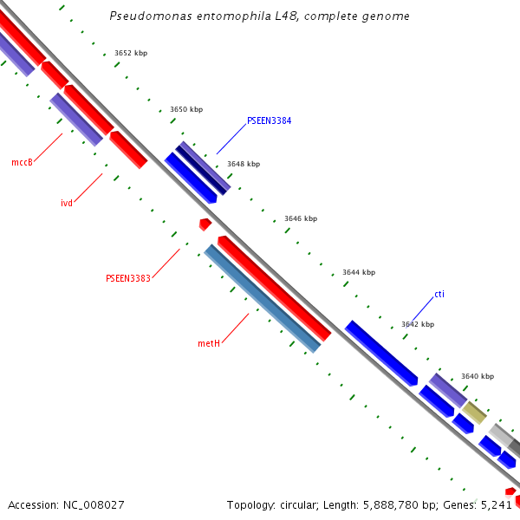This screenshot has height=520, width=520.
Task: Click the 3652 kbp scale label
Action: pos(131,53)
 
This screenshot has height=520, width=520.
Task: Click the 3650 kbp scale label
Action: pos(186,109)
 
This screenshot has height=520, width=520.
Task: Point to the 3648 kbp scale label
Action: pos(244,164)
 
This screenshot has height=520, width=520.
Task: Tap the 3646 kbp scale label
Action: pos(301,218)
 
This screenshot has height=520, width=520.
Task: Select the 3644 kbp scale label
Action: pos(359,272)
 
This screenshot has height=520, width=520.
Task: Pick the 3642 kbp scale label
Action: pos(418,324)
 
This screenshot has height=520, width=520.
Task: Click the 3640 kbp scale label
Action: pos(478,376)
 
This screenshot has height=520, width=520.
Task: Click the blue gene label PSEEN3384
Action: pos(269,120)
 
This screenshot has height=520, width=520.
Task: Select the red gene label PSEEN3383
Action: pos(128,278)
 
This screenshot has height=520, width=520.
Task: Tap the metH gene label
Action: pos(209,343)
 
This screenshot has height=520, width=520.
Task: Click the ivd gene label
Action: pos(67,203)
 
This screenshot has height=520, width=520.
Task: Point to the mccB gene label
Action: pos(22,162)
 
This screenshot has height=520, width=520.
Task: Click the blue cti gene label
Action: pos(439,294)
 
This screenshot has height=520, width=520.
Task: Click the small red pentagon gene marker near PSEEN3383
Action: pos(205,224)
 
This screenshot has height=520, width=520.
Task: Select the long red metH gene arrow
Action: pos(274,288)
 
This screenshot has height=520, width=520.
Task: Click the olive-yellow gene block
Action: pos(474,412)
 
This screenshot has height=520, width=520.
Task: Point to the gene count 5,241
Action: pos(497,504)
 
